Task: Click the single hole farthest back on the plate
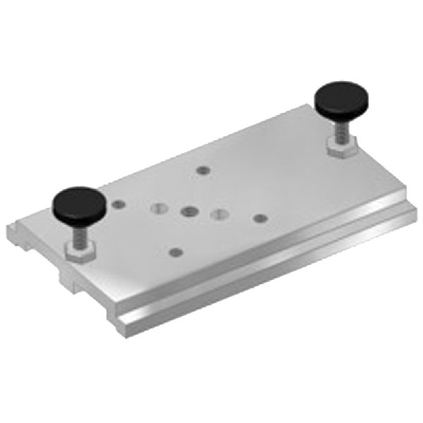point(203,170)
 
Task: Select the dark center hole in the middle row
point(188,211)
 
